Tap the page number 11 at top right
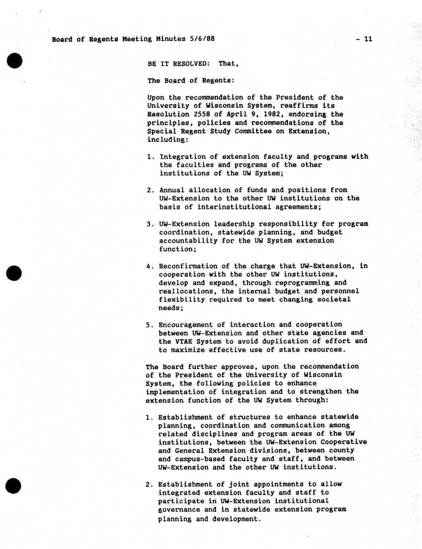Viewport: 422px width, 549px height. click(368, 39)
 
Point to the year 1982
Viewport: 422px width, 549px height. click(274, 114)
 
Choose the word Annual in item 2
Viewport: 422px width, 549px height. click(172, 190)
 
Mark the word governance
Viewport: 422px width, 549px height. click(179, 510)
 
